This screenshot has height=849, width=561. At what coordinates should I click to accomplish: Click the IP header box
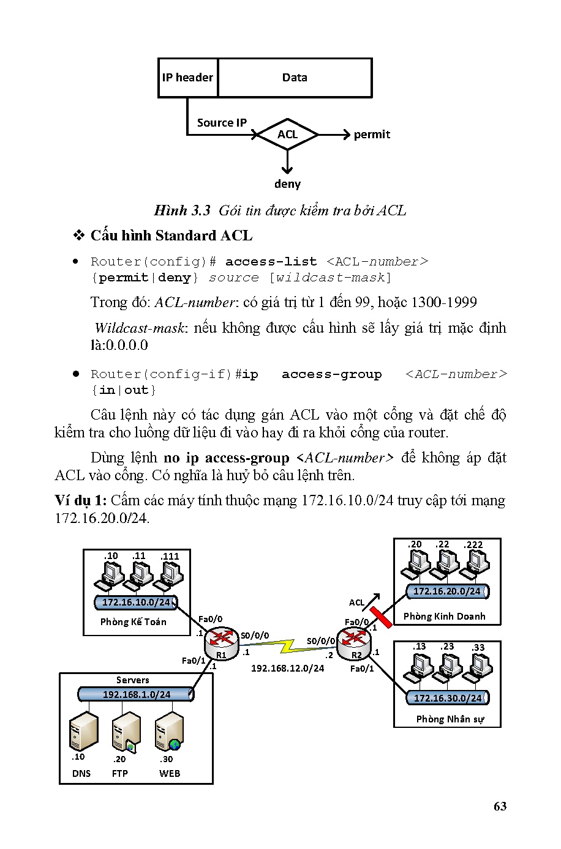(187, 78)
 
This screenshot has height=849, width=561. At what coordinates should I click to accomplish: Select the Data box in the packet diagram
(295, 78)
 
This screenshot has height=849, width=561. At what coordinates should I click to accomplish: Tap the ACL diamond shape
(287, 135)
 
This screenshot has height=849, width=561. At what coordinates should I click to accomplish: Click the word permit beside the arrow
(372, 135)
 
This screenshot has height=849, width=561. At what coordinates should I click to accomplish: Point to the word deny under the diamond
(287, 184)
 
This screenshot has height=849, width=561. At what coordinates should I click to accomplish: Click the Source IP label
(222, 123)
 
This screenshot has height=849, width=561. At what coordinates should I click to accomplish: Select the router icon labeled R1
(221, 640)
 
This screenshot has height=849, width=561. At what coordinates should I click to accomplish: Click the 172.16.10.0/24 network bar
(136, 602)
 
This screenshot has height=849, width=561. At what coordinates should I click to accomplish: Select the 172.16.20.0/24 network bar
(447, 591)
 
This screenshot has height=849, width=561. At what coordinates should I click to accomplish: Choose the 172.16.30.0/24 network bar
(448, 698)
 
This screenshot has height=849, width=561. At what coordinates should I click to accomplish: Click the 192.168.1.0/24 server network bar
(137, 694)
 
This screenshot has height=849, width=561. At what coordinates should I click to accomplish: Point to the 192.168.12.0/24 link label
(287, 669)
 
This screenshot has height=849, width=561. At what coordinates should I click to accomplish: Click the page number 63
(500, 806)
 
